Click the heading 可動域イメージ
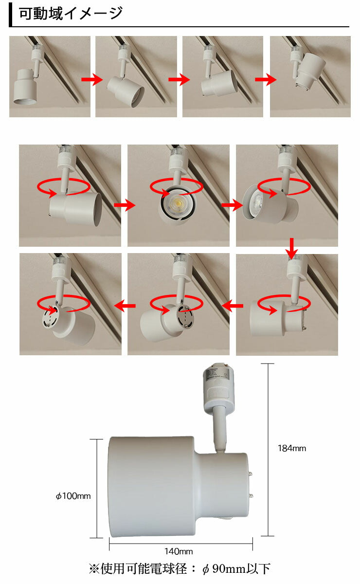pos(71,14)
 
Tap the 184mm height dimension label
pos(292,448)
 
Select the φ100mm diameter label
pos(73,495)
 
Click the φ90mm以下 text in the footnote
pos(236,569)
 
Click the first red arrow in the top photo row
pos(92,79)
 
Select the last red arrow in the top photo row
pos(266,79)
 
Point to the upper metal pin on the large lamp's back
pos(252,473)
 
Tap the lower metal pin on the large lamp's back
pos(252,495)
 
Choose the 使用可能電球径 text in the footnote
pos(144,569)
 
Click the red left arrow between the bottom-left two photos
pos(125,306)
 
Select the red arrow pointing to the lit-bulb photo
pos(125,205)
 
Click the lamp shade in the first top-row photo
pos(25,87)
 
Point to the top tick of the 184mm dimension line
pos(268,364)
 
